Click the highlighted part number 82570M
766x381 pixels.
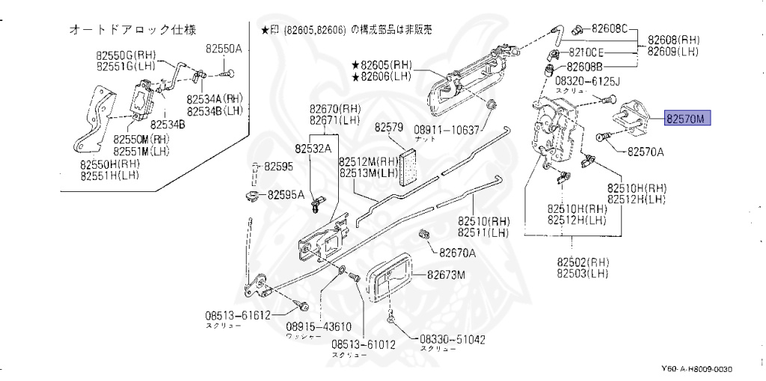click(687, 119)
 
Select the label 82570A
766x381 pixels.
click(645, 152)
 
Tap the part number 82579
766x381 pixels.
click(389, 127)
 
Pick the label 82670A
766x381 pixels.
click(457, 253)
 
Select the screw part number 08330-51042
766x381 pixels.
click(451, 339)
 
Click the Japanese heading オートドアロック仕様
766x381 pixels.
click(132, 30)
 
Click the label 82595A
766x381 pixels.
click(287, 195)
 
